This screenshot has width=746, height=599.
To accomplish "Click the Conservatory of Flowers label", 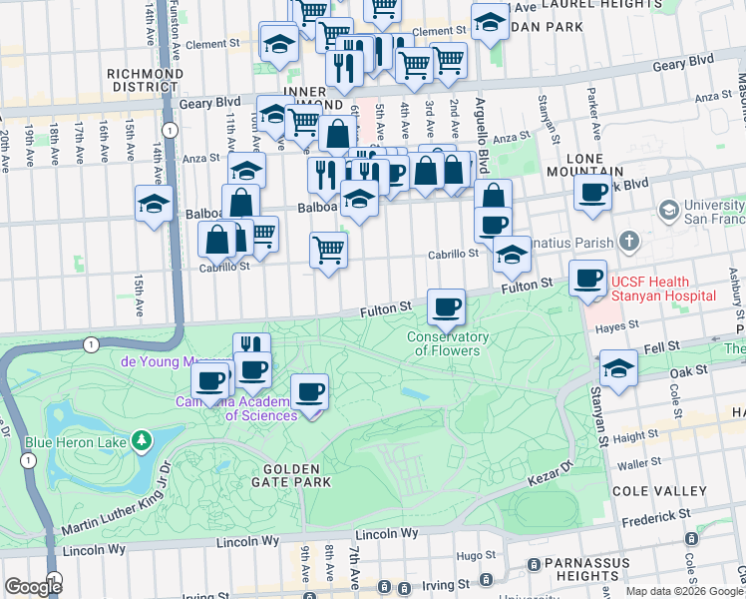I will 444,343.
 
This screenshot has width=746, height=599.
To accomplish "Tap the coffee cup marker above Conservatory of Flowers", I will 446,305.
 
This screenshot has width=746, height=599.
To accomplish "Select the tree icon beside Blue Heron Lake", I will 143,439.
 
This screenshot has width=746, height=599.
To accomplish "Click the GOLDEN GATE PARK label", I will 291,475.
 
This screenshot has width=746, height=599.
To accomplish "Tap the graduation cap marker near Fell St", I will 618,368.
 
